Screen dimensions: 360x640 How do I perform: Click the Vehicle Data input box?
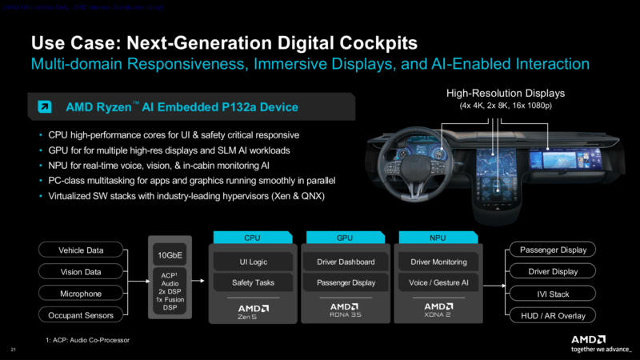click(81, 250)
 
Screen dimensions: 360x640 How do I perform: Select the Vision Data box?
click(81, 272)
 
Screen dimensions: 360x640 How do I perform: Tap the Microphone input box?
click(81, 294)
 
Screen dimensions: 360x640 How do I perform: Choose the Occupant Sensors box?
click(81, 315)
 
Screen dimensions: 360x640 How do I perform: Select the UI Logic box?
click(253, 261)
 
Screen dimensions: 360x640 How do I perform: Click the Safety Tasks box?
click(253, 282)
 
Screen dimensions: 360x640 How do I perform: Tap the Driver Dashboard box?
click(346, 261)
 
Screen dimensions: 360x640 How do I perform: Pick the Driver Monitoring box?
click(438, 261)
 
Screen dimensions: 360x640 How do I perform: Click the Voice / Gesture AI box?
click(438, 282)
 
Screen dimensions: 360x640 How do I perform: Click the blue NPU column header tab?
click(438, 238)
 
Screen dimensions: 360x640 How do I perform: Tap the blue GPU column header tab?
click(346, 238)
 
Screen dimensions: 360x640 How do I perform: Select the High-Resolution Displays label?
click(506, 94)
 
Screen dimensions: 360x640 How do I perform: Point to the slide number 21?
click(13, 350)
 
